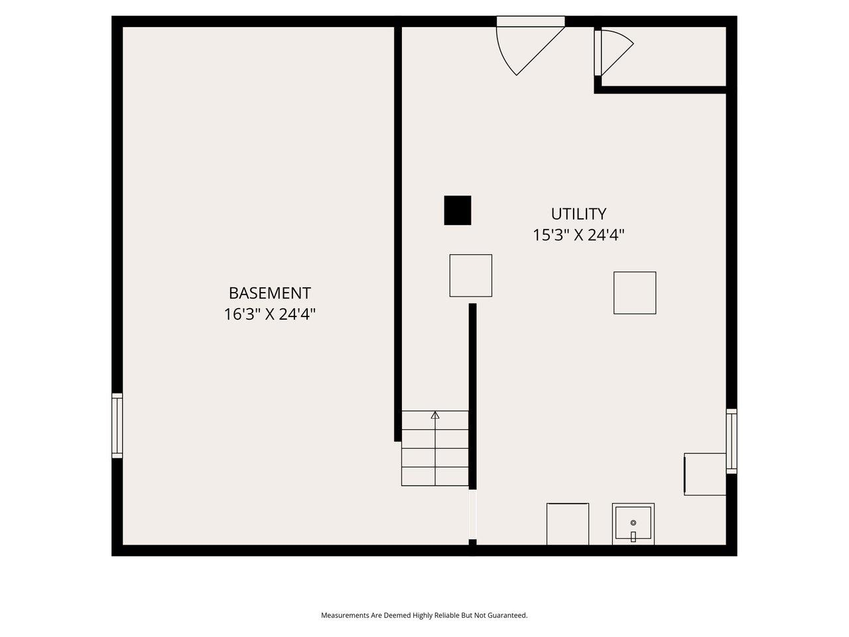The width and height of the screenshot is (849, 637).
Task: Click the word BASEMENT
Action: pos(269,293)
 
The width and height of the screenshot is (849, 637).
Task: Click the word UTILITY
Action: pos(578,214)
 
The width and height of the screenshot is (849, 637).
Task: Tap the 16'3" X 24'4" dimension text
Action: pos(269,315)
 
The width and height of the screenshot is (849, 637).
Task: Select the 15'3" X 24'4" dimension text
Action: pos(578,235)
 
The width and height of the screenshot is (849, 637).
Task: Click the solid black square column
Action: pos(458,210)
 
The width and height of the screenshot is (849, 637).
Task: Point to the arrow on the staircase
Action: pos(435,415)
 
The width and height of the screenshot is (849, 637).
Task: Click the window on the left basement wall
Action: pos(117,425)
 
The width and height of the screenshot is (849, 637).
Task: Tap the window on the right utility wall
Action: pos(732,441)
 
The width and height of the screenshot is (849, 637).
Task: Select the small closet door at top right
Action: pos(612,53)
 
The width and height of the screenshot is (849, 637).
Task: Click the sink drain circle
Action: pos(633,524)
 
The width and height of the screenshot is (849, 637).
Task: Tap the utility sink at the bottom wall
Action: pos(633,524)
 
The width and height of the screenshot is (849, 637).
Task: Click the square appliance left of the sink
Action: pos(568,524)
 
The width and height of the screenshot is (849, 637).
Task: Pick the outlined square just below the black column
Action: pos(471,275)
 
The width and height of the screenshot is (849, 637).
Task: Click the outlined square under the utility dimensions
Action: pos(635,293)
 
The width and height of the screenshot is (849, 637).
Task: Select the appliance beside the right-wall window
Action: pos(705,474)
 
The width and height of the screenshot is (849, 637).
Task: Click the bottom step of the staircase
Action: pos(435,476)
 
